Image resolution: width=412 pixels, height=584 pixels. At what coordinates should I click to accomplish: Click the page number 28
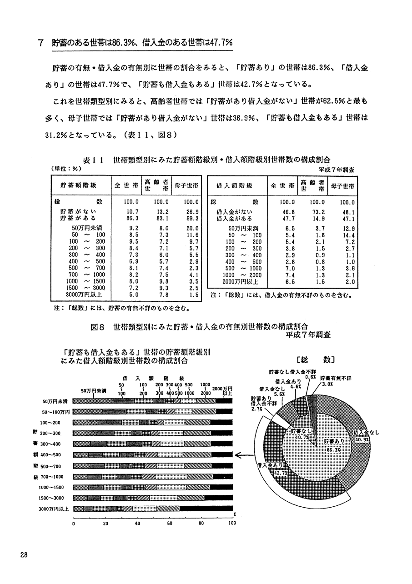(24, 554)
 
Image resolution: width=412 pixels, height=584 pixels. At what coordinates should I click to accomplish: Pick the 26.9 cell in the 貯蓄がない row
(192, 212)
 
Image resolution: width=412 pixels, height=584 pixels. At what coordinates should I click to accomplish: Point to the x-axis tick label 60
(170, 523)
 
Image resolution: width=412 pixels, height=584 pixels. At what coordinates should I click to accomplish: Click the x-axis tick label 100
(232, 523)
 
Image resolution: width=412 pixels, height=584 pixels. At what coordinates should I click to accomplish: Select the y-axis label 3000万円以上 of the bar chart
(54, 509)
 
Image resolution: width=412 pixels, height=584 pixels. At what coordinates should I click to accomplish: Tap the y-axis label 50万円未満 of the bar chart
(55, 401)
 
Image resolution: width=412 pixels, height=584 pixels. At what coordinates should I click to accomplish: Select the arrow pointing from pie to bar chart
(245, 455)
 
